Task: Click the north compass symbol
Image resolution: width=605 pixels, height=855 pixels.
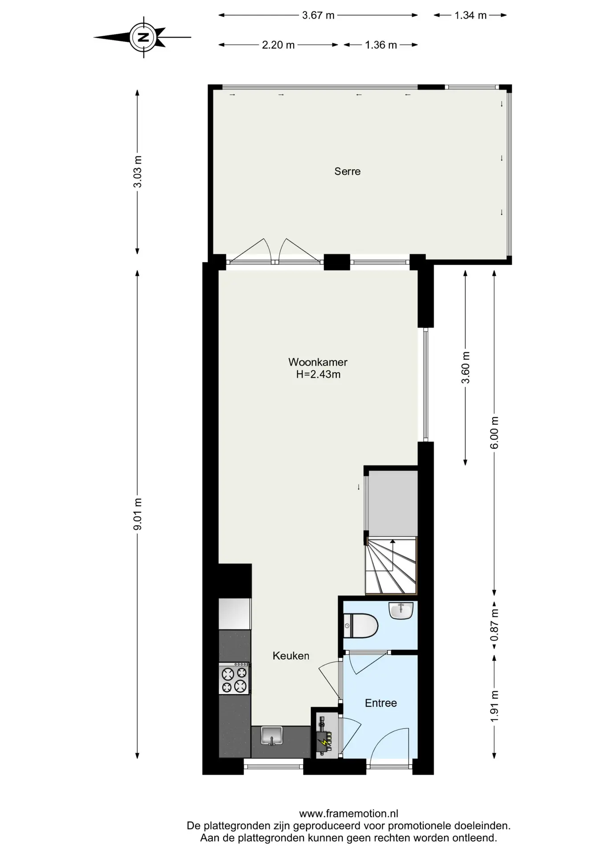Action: tap(143, 37)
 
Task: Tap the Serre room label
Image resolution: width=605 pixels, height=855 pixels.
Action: tap(347, 171)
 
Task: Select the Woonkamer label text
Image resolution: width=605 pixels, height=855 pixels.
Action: tap(318, 362)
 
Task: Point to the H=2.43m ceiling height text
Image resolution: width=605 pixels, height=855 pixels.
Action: tap(318, 375)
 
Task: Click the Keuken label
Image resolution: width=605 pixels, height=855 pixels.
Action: tap(291, 655)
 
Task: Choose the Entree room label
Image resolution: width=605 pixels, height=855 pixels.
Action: tap(381, 703)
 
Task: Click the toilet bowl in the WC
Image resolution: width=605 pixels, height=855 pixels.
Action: tap(361, 626)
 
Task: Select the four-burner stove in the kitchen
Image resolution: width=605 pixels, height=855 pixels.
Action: tap(234, 679)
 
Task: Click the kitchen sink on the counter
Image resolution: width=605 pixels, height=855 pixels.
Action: tap(272, 736)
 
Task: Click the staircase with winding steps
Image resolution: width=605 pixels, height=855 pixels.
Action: tap(391, 566)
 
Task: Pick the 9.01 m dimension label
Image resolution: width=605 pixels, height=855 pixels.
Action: tap(138, 514)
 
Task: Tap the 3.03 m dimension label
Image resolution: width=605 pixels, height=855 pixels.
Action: tap(138, 171)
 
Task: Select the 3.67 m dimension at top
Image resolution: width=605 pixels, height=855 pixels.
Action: tap(318, 15)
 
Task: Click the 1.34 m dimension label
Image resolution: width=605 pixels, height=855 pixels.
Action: tap(470, 15)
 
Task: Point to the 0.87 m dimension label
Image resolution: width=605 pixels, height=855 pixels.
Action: tap(494, 625)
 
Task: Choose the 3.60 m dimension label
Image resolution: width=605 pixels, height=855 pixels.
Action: tap(466, 367)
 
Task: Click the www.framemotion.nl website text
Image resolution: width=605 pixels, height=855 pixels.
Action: tap(349, 814)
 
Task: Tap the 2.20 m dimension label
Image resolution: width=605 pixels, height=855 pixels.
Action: tap(278, 45)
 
